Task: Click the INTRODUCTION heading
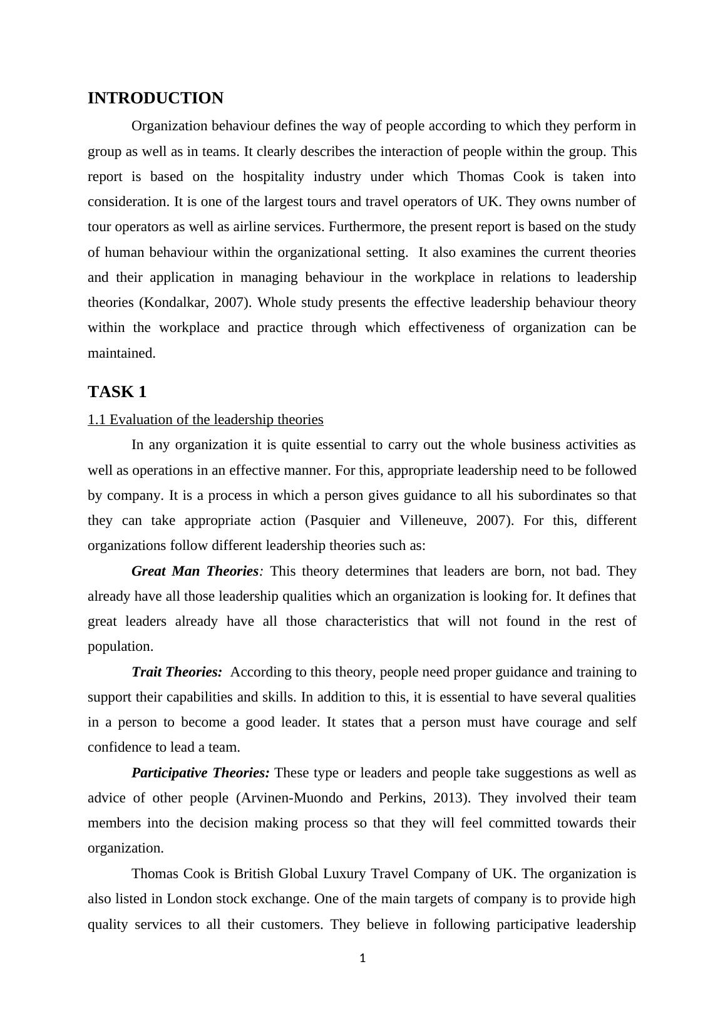155,98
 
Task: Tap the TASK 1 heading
117,392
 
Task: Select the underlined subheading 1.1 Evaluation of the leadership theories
205,420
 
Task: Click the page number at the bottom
362,958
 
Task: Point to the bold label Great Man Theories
195,571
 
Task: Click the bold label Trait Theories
177,672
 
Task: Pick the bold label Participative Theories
200,773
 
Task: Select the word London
189,899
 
